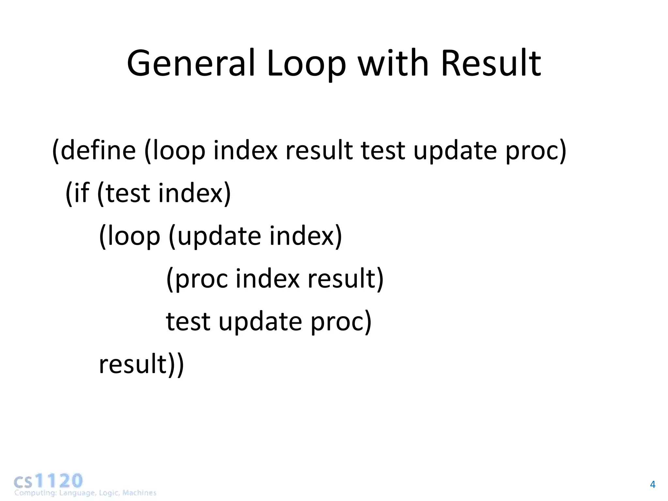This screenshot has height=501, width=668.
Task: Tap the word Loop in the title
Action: pos(306,63)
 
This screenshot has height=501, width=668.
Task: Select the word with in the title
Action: pos(393,63)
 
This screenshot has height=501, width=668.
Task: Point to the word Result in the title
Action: pos(491,63)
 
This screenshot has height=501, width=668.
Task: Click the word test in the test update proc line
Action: pos(188,322)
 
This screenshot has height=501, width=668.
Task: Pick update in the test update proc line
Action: pos(260,322)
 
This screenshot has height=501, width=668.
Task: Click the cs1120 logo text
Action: pos(48,481)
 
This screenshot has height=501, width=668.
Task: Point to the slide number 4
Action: pos(652,485)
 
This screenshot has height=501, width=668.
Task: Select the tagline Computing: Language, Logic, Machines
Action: pos(85,493)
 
